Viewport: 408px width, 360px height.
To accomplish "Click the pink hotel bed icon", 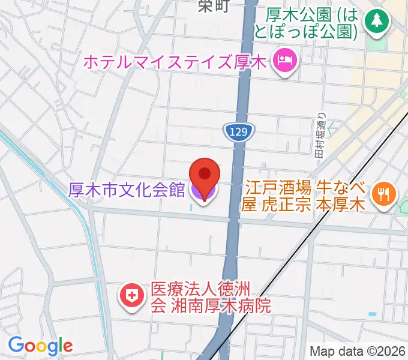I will pos(283,60).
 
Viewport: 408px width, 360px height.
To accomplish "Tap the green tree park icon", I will pos(378,22).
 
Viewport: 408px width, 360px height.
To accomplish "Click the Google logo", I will pos(40,346).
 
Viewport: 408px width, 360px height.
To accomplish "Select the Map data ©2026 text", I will pos(357,351).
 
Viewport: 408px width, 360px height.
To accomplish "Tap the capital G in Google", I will pos(15,345).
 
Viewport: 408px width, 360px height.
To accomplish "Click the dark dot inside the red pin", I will pos(204,173).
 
